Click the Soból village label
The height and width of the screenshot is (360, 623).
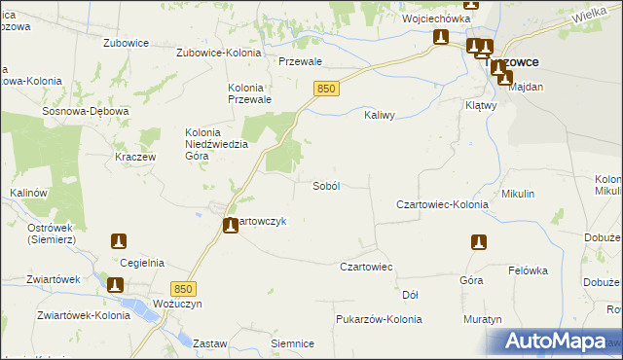tap(325, 186)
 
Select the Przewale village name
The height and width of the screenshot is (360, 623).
tap(300, 60)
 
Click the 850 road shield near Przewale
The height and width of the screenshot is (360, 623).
tap(326, 89)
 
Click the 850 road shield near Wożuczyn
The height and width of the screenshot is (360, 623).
tap(183, 289)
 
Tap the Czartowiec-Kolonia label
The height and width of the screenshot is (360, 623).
tap(442, 205)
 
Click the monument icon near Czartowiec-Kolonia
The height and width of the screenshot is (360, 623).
tap(478, 242)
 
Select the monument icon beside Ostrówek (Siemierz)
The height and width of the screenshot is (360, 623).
tap(119, 240)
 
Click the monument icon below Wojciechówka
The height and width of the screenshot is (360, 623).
tap(441, 38)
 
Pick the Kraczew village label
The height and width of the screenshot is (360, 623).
tap(135, 157)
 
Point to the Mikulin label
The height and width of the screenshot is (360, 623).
tap(518, 194)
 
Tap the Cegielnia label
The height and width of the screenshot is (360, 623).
tap(142, 262)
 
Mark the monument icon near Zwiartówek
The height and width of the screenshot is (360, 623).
tap(115, 285)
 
